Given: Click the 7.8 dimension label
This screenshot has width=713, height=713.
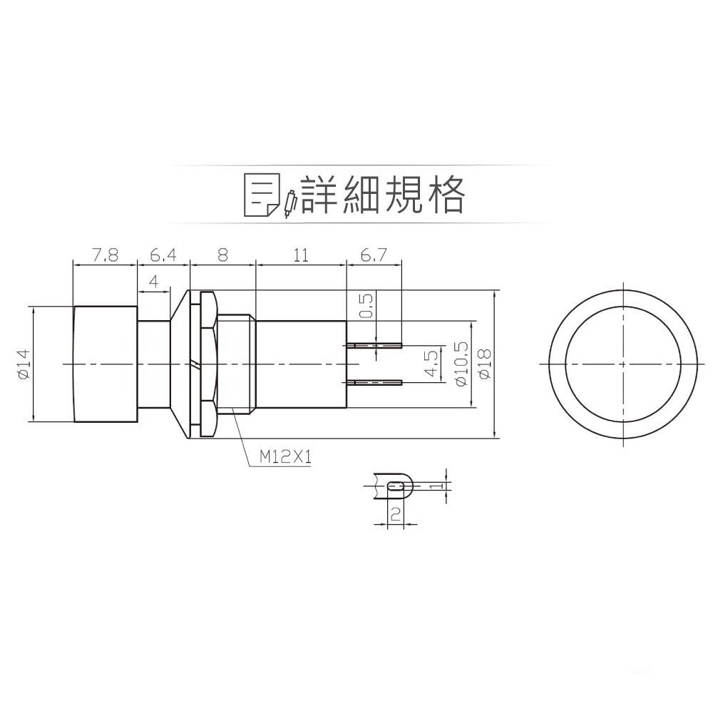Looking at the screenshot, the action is pyautogui.click(x=106, y=255).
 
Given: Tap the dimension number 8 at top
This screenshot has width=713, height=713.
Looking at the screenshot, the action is pyautogui.click(x=222, y=255).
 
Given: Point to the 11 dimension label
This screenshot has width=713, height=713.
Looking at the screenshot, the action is pyautogui.click(x=301, y=255).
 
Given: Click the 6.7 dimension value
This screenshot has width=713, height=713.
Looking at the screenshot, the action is pyautogui.click(x=374, y=255).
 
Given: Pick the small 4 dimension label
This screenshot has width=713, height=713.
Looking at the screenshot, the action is pyautogui.click(x=154, y=282).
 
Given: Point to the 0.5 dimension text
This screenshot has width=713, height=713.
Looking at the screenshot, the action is pyautogui.click(x=367, y=306).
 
